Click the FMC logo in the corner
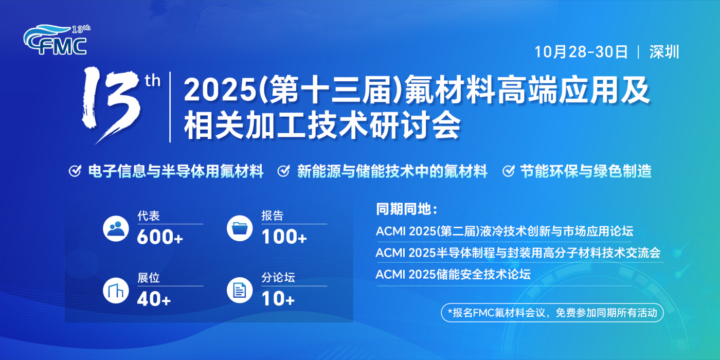[56, 40]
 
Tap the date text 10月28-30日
[581, 52]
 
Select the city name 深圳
[664, 52]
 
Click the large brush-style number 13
[111, 104]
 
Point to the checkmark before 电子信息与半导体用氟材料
[75, 171]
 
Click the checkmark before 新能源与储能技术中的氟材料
[283, 171]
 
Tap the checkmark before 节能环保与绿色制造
[509, 171]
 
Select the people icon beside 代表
[116, 228]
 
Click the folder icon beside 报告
[240, 228]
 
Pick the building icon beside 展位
[116, 291]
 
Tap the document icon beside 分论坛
[240, 290]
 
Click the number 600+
[160, 237]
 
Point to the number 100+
[284, 237]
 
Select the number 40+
[154, 299]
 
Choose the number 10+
[278, 299]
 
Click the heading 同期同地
[407, 209]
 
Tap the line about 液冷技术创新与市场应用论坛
[505, 231]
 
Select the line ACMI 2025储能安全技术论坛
[453, 275]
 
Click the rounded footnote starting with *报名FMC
[552, 313]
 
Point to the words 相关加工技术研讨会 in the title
[322, 124]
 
